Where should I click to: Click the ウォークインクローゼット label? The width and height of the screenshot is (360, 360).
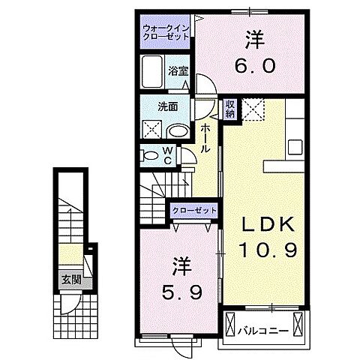tap(166, 32)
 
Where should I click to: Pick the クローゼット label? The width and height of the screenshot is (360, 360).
tap(195, 211)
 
